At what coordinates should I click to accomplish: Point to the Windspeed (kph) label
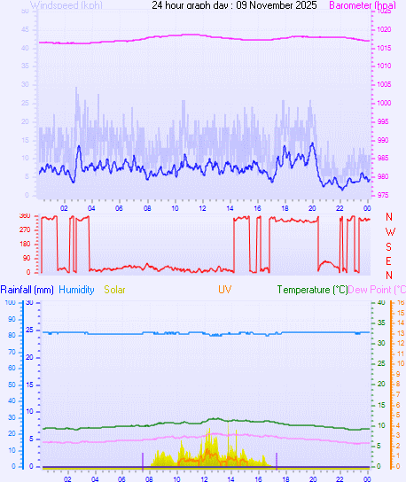click(x=66, y=5)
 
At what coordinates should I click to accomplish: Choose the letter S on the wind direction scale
click(x=389, y=245)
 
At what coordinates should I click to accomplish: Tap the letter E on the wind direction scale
click(x=389, y=260)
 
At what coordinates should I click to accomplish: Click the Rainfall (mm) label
click(x=27, y=290)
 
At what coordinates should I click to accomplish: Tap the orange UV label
click(x=225, y=290)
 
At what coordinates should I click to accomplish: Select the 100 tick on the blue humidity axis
click(x=10, y=303)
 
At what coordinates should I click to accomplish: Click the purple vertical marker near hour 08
click(x=143, y=459)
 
